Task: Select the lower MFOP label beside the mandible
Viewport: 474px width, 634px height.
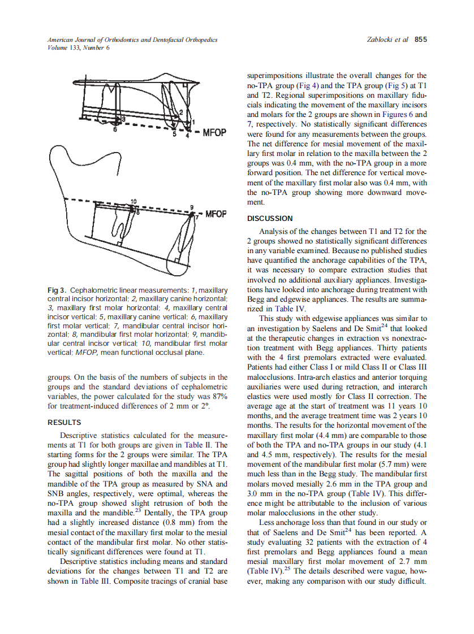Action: click(215, 214)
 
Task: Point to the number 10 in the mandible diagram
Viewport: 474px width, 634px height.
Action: click(133, 202)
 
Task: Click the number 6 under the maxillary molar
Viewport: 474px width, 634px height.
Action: click(115, 129)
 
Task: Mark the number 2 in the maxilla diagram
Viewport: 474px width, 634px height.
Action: click(180, 112)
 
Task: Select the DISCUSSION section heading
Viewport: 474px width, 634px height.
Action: click(270, 218)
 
